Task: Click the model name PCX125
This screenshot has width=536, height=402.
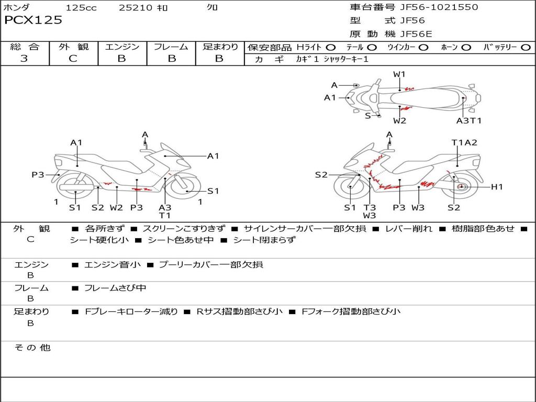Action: [x=33, y=20]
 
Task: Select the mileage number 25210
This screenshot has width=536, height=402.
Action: [x=136, y=8]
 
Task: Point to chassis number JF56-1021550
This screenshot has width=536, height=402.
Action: [x=439, y=7]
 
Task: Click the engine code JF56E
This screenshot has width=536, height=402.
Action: [x=416, y=34]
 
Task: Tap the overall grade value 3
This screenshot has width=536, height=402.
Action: [x=24, y=59]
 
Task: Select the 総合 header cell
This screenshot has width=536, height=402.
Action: [x=25, y=47]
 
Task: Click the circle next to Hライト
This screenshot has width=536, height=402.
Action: [x=330, y=47]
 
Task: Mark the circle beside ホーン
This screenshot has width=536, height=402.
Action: [x=466, y=47]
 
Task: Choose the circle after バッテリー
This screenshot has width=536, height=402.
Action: [x=526, y=47]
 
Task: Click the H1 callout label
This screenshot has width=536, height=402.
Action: [x=497, y=187]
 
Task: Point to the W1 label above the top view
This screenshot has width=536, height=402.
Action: [x=399, y=74]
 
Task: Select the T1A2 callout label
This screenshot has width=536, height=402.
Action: [x=464, y=142]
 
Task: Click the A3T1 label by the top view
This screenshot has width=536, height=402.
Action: [x=468, y=121]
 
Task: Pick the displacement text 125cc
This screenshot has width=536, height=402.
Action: [x=81, y=8]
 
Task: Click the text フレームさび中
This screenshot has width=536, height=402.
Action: [x=115, y=288]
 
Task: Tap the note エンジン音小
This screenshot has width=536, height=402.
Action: [x=113, y=264]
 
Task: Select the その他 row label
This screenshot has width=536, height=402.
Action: [x=32, y=348]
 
